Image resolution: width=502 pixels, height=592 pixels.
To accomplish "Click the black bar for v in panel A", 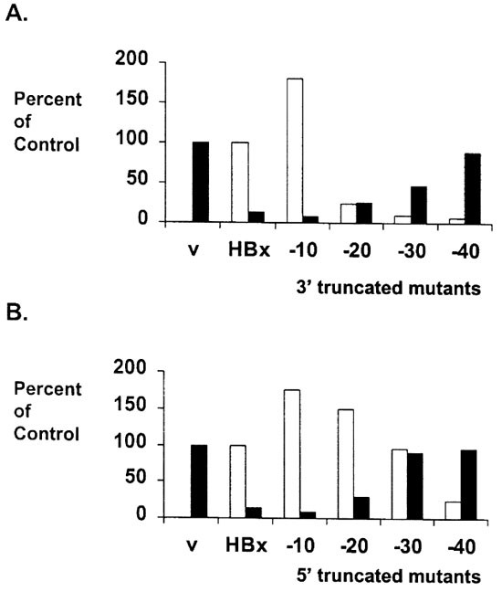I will tap(200, 181).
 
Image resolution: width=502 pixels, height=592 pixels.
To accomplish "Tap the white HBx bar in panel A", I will tap(240, 181).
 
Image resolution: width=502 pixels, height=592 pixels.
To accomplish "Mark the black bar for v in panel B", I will tap(200, 481).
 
